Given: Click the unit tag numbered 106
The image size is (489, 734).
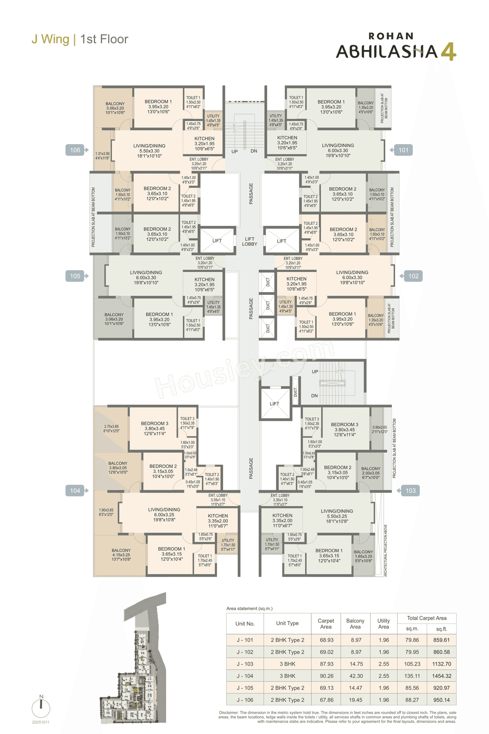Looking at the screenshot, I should [76, 150].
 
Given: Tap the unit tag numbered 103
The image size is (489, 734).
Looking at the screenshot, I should [410, 490].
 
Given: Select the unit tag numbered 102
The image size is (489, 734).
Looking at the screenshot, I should [413, 276].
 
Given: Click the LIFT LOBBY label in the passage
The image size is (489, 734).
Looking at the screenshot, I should [249, 241].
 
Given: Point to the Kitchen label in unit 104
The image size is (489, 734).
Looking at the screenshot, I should [218, 521].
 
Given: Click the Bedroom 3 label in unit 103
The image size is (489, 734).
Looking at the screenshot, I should [345, 429].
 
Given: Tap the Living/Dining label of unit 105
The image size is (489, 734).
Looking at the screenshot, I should [146, 278].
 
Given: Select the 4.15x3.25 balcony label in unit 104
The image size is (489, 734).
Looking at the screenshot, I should [121, 555].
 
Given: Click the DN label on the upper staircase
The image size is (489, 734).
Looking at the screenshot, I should [254, 151].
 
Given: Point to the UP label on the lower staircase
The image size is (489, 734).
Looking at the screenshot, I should [315, 372].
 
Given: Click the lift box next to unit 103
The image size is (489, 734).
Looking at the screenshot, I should [275, 404].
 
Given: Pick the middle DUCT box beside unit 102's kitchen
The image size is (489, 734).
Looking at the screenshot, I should [267, 305].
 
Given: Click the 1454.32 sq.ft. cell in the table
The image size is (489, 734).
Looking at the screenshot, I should [442, 676].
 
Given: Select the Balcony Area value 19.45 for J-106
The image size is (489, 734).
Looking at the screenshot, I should [356, 700].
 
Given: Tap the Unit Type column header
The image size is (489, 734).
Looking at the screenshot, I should [287, 623].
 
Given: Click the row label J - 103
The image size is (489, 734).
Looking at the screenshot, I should [245, 664].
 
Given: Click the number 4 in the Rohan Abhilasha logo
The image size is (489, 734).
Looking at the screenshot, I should [449, 52].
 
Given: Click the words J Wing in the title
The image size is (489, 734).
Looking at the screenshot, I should [50, 39].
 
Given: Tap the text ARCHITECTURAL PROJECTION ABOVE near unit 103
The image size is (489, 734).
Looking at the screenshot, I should [385, 550].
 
